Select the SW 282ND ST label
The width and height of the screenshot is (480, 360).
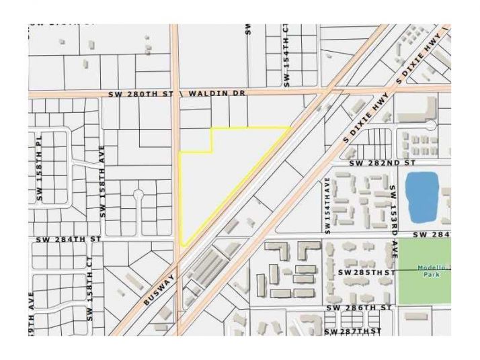pos(383,163)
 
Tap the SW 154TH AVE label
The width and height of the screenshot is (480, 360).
pos(327,206)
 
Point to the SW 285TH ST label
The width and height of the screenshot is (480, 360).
pos(365,273)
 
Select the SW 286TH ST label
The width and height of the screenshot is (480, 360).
pos(358,308)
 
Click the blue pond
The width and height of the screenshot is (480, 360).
pos(422,197)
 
